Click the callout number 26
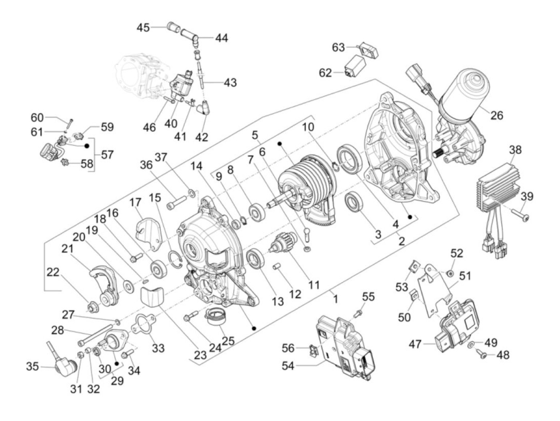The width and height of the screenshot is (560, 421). click(x=496, y=115)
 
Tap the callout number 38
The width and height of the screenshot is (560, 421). click(x=515, y=150)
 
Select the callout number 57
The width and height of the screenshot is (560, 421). click(x=107, y=154)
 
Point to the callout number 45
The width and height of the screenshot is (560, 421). click(x=143, y=28)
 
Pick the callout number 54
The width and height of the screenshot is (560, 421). click(x=288, y=366)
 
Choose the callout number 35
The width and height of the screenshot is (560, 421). click(x=32, y=367)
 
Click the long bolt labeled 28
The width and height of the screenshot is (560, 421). click(x=96, y=335)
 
